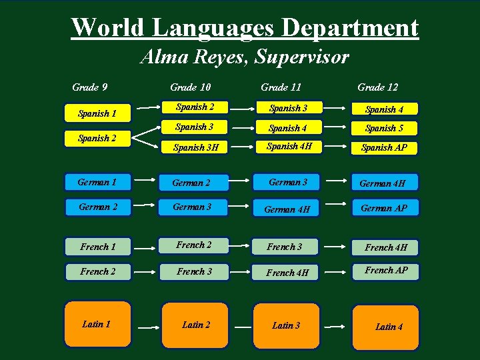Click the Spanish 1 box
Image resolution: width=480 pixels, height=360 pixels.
(x=98, y=113)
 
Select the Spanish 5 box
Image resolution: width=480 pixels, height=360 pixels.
(x=385, y=128)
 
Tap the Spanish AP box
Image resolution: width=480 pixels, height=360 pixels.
(x=385, y=147)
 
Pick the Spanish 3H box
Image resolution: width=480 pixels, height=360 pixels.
(x=196, y=147)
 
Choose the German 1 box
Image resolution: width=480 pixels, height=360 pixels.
(x=98, y=182)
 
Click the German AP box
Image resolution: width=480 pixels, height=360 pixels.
(x=385, y=208)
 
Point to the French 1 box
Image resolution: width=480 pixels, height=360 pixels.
(x=98, y=247)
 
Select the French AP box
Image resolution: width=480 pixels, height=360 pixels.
(x=386, y=271)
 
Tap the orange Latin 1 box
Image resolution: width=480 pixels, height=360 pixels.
(x=97, y=324)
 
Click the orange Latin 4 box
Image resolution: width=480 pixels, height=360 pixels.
(x=386, y=327)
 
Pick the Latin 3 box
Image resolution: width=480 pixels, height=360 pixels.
(x=286, y=325)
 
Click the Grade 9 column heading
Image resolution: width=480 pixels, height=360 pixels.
(x=90, y=87)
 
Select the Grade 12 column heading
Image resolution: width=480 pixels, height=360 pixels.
(x=377, y=87)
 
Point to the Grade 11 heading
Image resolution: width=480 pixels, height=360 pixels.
(x=281, y=87)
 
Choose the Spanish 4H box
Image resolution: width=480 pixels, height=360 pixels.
(x=287, y=147)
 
